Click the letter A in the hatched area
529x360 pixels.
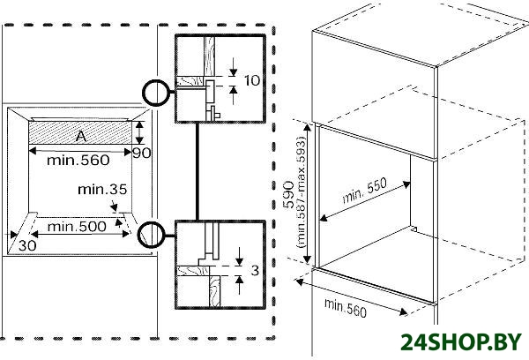(x=81, y=136)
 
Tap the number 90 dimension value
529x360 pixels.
(x=142, y=154)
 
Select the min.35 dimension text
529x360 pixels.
(x=102, y=190)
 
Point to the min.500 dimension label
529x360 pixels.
(x=77, y=227)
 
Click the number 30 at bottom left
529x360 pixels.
(x=27, y=245)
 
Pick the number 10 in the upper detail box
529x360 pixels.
(x=252, y=80)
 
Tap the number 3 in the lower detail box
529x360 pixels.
(x=255, y=270)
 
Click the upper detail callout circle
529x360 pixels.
(x=156, y=93)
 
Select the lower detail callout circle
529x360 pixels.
(x=152, y=235)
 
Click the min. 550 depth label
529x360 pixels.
(x=365, y=191)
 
